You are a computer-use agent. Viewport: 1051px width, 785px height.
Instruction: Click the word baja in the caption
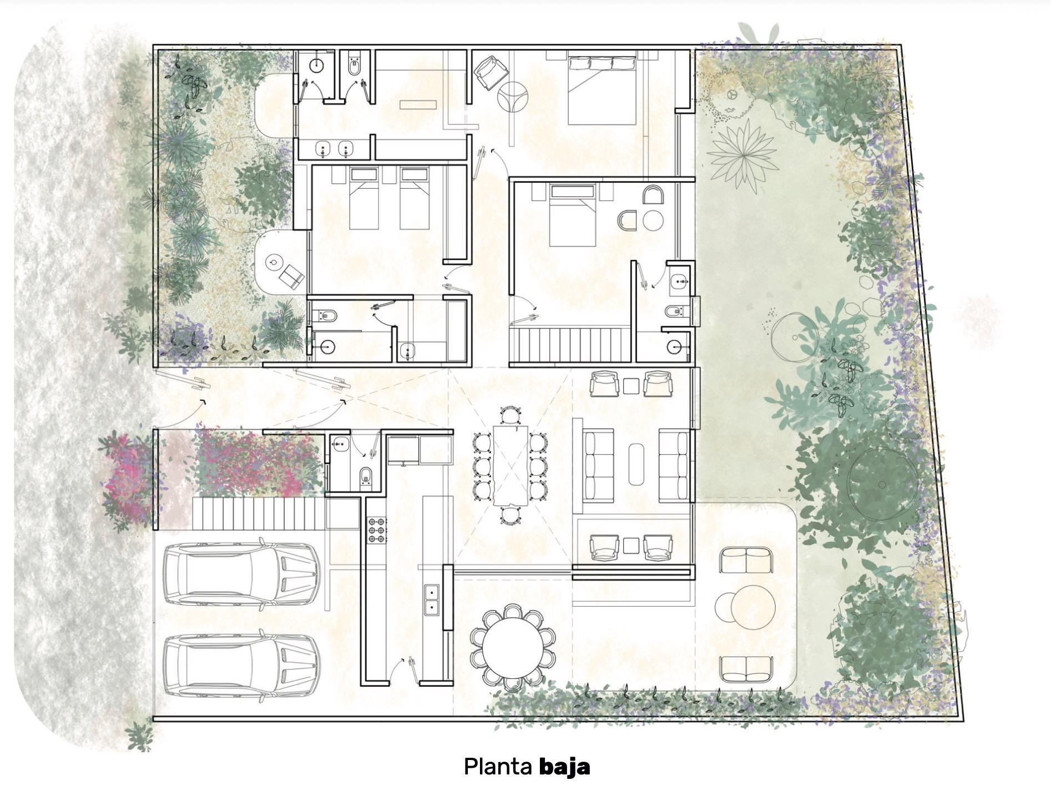point(564,767)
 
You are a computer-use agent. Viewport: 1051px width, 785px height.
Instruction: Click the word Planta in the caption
point(498,767)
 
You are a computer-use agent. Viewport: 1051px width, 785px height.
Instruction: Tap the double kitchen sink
point(431,600)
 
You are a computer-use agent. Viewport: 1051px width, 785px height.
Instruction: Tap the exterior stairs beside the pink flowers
point(258,513)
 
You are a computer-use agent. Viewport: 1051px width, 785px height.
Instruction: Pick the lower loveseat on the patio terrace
point(746,669)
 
